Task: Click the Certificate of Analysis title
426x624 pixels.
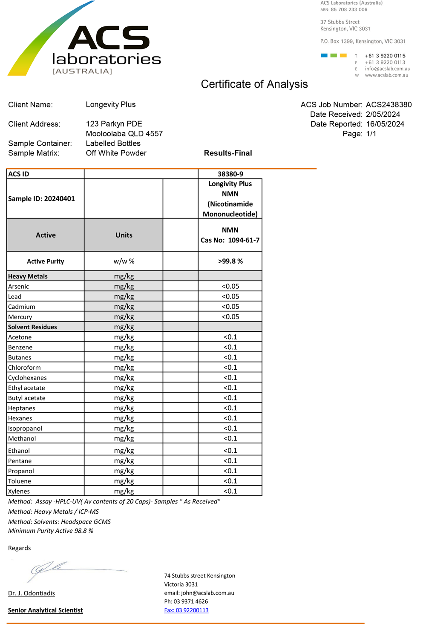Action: point(254,84)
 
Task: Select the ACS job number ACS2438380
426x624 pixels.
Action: point(389,105)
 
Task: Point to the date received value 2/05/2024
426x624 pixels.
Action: point(383,115)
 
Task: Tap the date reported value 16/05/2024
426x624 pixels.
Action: point(385,124)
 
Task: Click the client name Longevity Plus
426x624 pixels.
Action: point(111,105)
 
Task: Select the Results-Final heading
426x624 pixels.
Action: point(228,153)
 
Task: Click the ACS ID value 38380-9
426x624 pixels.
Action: point(230,174)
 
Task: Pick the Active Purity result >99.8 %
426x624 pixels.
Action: point(230,261)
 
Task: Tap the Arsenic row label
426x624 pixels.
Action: point(19,287)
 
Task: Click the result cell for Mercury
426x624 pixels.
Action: point(230,317)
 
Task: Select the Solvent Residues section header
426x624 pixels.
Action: point(32,327)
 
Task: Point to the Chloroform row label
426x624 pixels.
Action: point(24,368)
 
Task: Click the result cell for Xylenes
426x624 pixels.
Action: point(230,491)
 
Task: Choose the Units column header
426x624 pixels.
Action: point(124,235)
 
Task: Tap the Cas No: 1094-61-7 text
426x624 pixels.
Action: point(230,240)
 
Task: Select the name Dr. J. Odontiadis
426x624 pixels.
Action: point(32,593)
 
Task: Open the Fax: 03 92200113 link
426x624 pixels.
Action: point(186,610)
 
